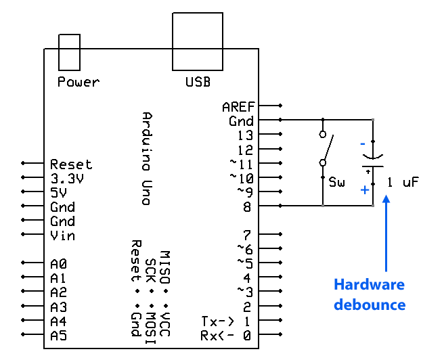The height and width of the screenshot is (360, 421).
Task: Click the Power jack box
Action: click(70, 51)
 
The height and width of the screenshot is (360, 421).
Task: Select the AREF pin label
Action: click(238, 107)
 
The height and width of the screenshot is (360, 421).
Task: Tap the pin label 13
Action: click(245, 135)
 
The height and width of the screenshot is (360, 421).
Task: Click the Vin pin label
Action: click(62, 235)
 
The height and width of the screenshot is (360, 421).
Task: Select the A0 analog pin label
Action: click(58, 264)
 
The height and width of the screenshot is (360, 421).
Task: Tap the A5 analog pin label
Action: click(58, 335)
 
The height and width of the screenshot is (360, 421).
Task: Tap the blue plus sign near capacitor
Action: click(365, 190)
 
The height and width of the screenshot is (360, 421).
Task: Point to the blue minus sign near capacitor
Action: click(363, 143)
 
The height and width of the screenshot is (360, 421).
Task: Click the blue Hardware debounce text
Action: click(369, 294)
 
